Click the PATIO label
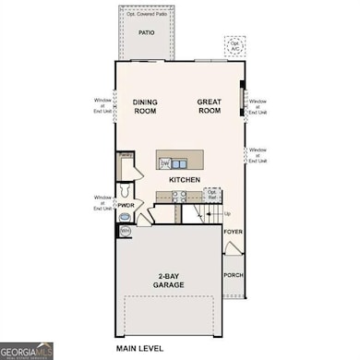click(x=146, y=32)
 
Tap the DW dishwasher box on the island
click(x=166, y=162)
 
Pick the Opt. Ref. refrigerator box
click(x=212, y=196)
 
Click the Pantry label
click(x=125, y=158)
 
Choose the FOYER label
click(x=234, y=232)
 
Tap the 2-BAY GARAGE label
click(x=169, y=281)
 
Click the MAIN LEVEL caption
click(x=139, y=349)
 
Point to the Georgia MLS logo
click(x=27, y=351)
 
